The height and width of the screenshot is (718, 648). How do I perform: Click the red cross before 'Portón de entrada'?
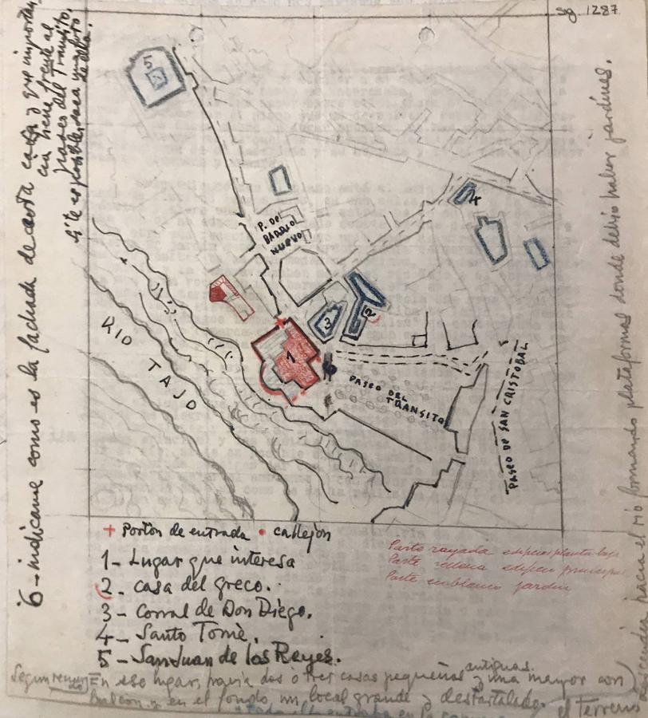pyautogui.click(x=109, y=530)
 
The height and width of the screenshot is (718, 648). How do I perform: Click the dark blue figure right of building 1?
pyautogui.click(x=329, y=366)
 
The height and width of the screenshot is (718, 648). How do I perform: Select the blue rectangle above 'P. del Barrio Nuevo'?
pyautogui.click(x=280, y=181)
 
